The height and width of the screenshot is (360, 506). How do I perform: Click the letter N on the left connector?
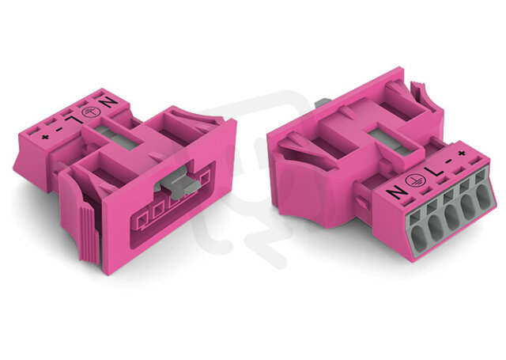pyautogui.click(x=110, y=103)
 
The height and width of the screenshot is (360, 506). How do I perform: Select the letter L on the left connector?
pyautogui.click(x=72, y=121)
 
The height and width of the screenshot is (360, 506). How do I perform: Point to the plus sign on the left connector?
pyautogui.click(x=45, y=137)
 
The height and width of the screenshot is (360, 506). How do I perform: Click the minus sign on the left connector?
pyautogui.click(x=59, y=129)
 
